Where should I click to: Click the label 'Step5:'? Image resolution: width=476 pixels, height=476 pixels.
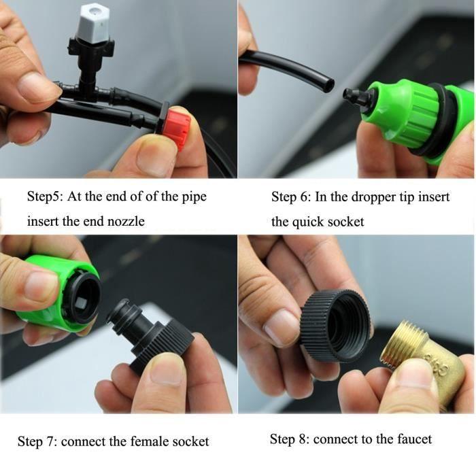click(x=45, y=197)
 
